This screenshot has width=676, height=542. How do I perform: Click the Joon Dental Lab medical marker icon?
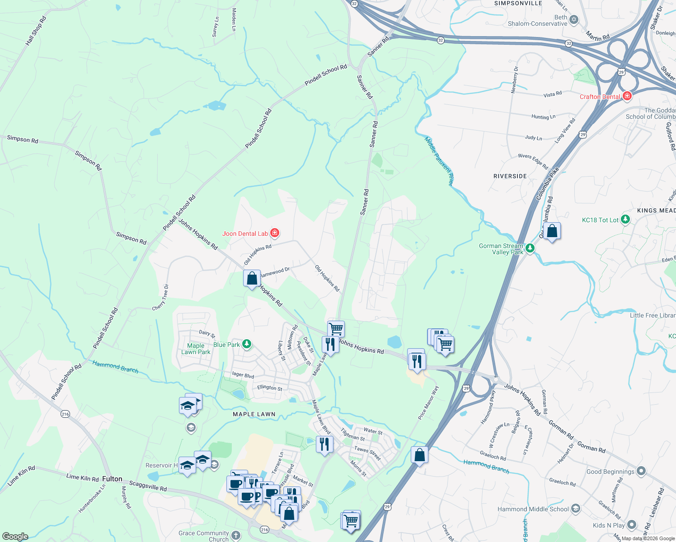275,233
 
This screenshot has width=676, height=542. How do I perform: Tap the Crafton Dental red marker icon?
627,96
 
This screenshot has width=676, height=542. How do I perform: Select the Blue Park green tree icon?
246,345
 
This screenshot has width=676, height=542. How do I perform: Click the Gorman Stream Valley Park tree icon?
530,248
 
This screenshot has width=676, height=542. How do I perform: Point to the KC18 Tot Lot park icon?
625,220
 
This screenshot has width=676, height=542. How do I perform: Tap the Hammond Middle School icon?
575,509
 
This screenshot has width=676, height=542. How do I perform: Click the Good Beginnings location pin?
641,471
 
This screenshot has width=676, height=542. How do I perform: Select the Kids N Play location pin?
631,525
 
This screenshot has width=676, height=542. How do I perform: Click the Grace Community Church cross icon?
235,536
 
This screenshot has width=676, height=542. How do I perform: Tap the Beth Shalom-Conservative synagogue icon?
574,19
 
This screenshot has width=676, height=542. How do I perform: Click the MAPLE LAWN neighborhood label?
254,414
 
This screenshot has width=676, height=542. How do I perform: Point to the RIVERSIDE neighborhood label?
510,176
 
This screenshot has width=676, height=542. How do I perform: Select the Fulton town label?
112,479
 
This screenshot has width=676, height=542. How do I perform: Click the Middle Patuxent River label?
438,161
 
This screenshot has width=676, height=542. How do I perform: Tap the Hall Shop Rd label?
36,31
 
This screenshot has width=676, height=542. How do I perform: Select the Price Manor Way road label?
428,402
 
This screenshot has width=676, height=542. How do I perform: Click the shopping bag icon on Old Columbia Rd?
552,231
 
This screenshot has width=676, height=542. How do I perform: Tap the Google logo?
15,537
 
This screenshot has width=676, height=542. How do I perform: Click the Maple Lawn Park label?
196,349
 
